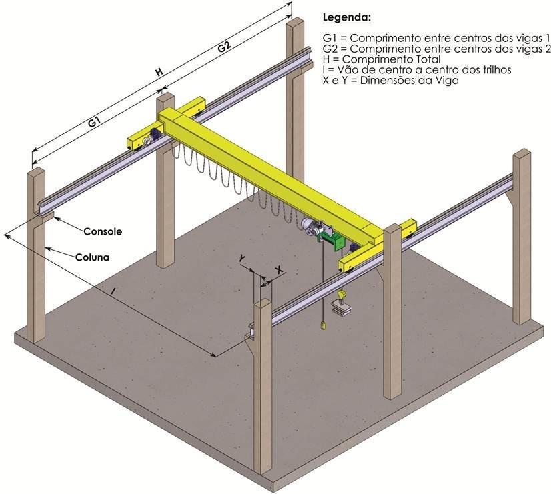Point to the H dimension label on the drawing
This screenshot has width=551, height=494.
click(159, 72)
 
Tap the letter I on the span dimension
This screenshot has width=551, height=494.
click(114, 291)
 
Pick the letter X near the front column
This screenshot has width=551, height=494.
click(279, 269)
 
